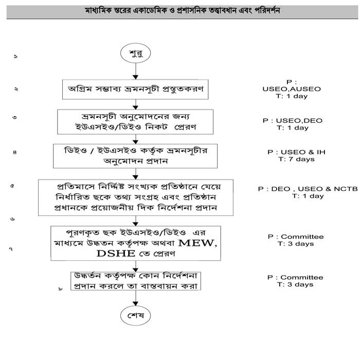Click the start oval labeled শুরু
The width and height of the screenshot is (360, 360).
coord(135,53)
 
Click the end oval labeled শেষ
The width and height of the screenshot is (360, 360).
coord(135,314)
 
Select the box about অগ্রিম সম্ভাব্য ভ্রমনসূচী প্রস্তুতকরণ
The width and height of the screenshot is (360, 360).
coord(135,88)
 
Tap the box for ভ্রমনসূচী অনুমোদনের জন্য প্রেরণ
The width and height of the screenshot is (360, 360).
coord(135,120)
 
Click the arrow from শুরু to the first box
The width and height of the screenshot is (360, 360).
coord(135,70)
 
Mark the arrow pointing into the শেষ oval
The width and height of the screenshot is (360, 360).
coord(135,297)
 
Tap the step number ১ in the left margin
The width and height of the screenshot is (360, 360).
coord(15,56)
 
